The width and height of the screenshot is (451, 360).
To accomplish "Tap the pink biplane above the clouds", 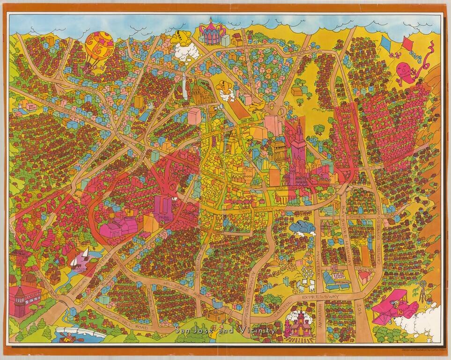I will pyautogui.click(x=395, y=305).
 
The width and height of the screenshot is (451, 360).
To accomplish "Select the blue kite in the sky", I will pyautogui.click(x=387, y=45).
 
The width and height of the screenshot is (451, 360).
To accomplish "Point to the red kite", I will pyautogui.click(x=407, y=47).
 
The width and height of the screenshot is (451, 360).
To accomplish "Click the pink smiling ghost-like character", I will pyautogui.click(x=406, y=73).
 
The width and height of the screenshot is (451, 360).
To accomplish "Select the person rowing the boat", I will pyautogui.click(x=69, y=336).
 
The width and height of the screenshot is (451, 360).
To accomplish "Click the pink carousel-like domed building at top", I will pyautogui.click(x=212, y=32).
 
